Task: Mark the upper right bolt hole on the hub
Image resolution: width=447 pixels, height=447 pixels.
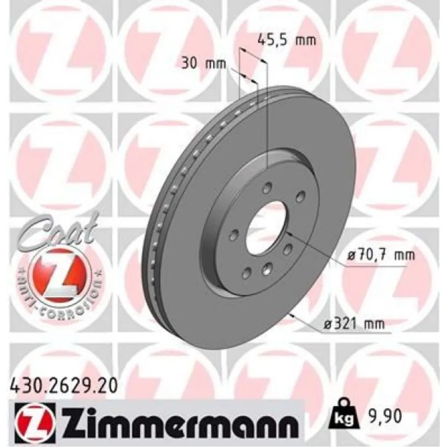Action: click(300, 195)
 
